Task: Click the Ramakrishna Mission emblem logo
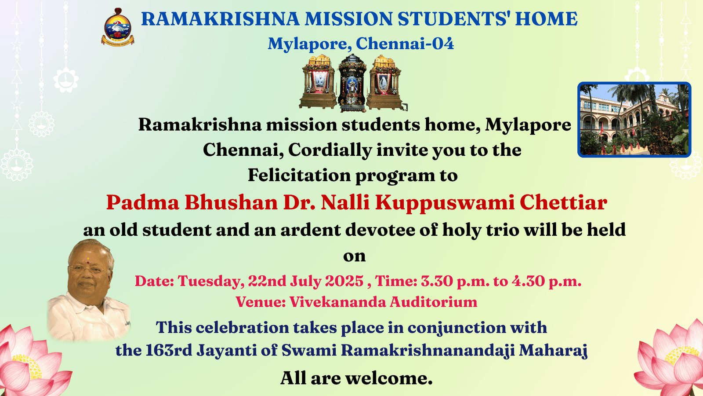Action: (117, 27)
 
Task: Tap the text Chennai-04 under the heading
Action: (405, 44)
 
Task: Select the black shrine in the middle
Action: (352, 83)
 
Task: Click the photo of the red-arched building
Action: (634, 119)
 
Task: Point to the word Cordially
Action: (330, 150)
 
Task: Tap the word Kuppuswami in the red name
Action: (445, 203)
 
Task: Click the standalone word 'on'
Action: (354, 256)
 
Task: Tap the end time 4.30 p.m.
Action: (547, 281)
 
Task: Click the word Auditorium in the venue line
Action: (433, 302)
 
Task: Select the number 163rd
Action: (169, 350)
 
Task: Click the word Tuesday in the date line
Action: (211, 281)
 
